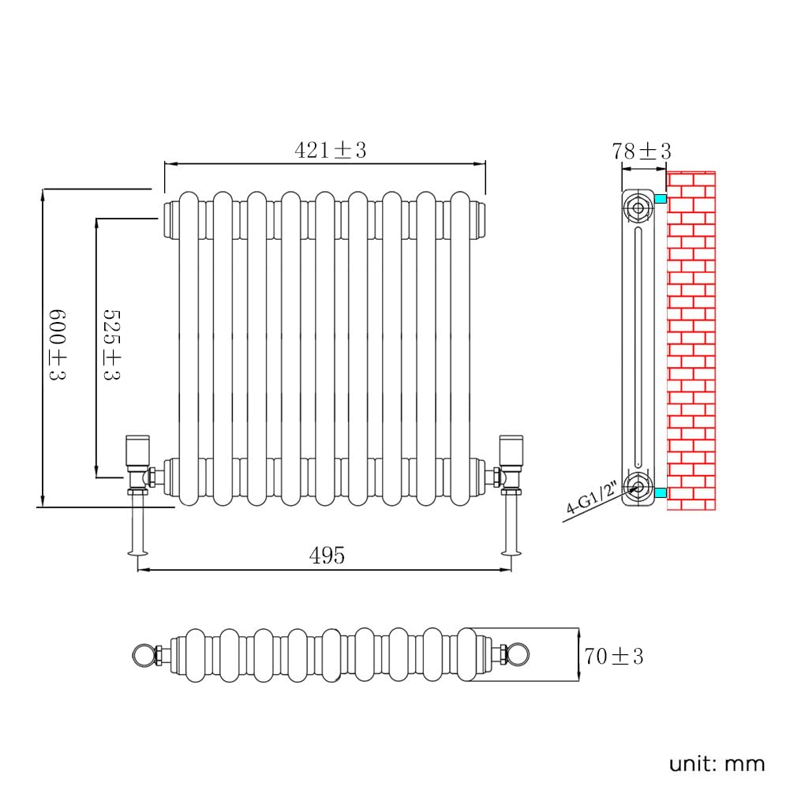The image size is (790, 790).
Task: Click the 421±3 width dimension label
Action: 330,150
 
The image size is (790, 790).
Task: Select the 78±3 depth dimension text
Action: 642,152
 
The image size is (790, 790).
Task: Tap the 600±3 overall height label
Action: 58,344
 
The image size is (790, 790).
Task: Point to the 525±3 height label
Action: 112,345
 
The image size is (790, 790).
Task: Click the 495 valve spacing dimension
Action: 327,556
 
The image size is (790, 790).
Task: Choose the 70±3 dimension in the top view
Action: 614,656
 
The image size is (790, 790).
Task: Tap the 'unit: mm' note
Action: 717,764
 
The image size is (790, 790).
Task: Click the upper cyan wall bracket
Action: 661,199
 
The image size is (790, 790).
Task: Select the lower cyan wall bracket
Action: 661,492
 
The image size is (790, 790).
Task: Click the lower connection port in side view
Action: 638,487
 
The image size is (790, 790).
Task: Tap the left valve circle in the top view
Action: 144,656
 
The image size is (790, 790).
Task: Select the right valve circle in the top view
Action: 518,656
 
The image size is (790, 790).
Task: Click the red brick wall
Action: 691,341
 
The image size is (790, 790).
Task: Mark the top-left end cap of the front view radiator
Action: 172,219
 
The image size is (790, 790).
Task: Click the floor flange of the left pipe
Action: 137,553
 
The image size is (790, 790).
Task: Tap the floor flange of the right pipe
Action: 511,553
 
